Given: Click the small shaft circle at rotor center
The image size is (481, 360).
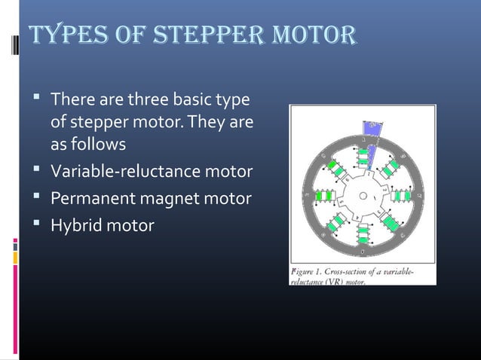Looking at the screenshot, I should pos(363,196).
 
